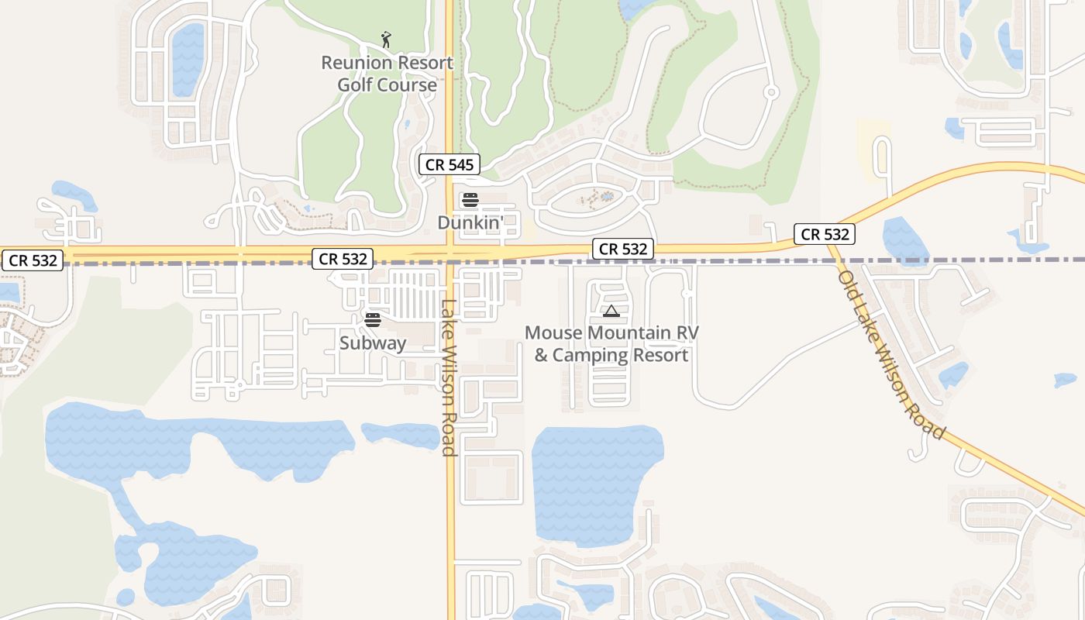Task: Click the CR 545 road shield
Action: [x=449, y=164]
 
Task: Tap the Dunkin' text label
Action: [x=470, y=222]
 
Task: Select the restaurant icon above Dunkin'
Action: [x=470, y=200]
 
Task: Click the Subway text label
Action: [x=373, y=343]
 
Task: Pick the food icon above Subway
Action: [x=373, y=319]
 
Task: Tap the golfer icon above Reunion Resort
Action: [x=386, y=39]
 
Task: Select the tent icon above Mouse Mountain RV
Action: [x=611, y=312]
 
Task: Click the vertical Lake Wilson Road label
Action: [x=448, y=377]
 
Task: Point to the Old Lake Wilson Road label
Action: [x=891, y=355]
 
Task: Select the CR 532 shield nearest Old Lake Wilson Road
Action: [x=825, y=234]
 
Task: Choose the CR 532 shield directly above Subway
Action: [x=343, y=259]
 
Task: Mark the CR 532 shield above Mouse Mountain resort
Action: [x=623, y=249]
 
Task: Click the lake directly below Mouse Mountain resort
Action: [x=596, y=480]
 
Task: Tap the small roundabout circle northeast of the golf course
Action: [x=770, y=92]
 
